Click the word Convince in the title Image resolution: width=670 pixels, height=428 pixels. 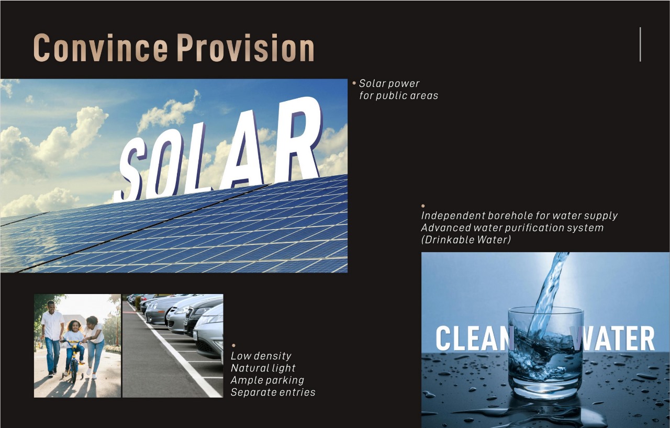click(x=100, y=48)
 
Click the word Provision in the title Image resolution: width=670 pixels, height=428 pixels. click(x=245, y=48)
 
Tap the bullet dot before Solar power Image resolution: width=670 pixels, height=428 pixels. click(x=354, y=83)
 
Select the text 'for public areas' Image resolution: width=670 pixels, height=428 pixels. click(x=399, y=96)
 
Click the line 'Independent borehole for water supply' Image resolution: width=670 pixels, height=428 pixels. click(x=519, y=216)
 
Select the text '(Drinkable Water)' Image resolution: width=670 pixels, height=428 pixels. click(x=466, y=240)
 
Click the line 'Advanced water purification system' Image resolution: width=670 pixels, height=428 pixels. click(x=512, y=228)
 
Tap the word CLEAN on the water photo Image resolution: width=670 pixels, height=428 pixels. click(x=474, y=338)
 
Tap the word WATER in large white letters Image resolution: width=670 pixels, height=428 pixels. click(x=614, y=338)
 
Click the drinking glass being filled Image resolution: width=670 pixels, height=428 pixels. click(x=546, y=353)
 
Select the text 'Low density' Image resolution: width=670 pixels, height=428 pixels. click(x=261, y=356)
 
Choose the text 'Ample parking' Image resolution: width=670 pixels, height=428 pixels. click(x=267, y=380)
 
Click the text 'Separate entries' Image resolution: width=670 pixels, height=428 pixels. click(x=273, y=392)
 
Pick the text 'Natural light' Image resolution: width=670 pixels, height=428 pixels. click(x=263, y=368)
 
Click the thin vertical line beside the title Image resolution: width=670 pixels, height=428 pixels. click(x=640, y=44)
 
